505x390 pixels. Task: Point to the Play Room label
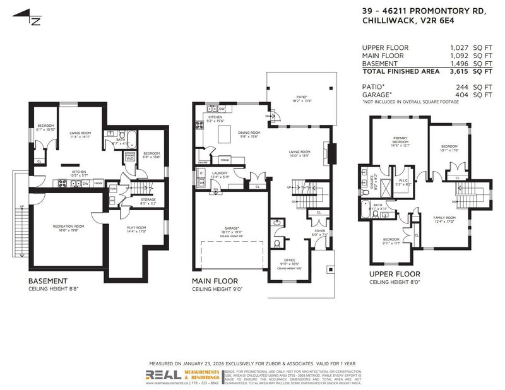tap(136, 229)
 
